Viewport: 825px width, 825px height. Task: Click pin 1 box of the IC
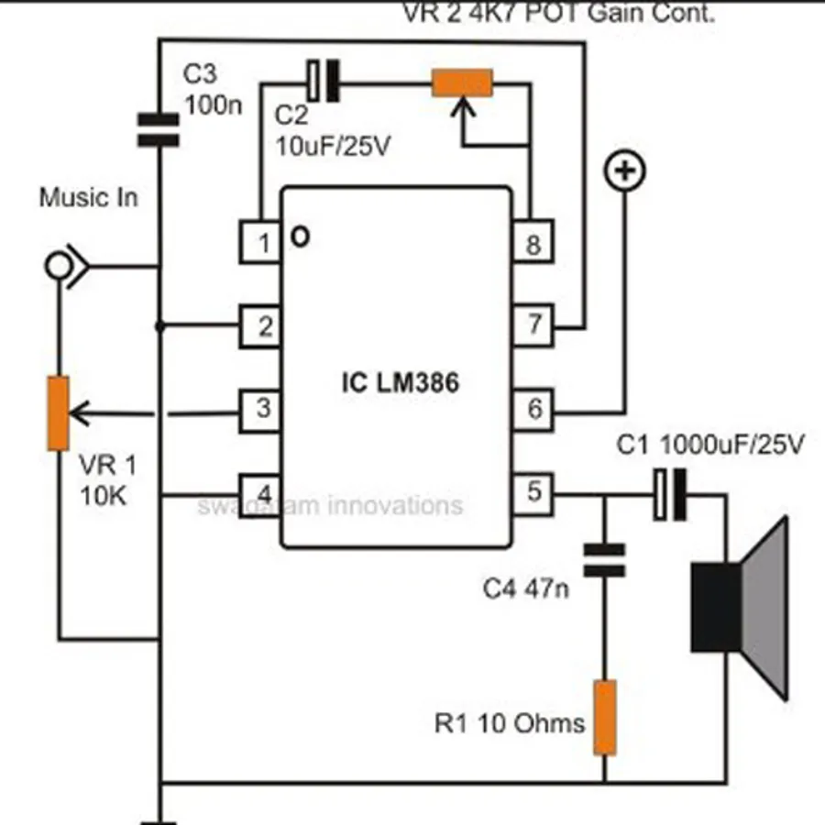click(260, 243)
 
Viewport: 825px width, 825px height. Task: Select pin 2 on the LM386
click(260, 326)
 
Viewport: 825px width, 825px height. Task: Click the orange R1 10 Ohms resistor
click(605, 718)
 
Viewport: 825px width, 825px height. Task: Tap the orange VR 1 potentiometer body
click(59, 412)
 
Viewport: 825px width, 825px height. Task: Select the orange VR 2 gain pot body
click(463, 83)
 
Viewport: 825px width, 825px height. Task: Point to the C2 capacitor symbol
click(322, 82)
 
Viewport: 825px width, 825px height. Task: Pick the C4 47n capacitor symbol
click(605, 558)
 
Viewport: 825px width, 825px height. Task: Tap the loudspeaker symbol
click(741, 607)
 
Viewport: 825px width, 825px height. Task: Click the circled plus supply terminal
click(627, 171)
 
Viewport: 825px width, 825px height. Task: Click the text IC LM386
click(395, 384)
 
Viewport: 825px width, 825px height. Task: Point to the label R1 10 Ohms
click(509, 723)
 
